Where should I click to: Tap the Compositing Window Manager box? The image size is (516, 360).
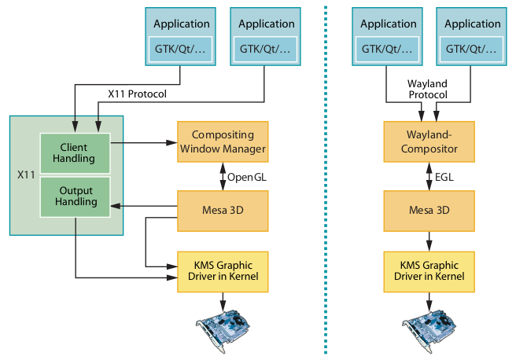[x=223, y=142]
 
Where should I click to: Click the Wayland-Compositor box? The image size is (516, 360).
[x=429, y=142]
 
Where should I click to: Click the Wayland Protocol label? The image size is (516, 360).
[x=429, y=89]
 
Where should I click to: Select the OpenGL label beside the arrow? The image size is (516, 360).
[x=248, y=177]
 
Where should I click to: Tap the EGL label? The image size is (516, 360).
[x=444, y=177]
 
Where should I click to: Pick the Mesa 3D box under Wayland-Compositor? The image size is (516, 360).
[x=429, y=211]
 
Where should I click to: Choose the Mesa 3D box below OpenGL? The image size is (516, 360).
[x=223, y=211]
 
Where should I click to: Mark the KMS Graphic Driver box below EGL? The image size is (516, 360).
[x=429, y=271]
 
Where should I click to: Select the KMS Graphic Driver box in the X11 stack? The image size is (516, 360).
[x=223, y=271]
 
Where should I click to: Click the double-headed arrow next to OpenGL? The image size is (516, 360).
[x=223, y=177]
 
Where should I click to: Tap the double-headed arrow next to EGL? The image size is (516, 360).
[x=429, y=177]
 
